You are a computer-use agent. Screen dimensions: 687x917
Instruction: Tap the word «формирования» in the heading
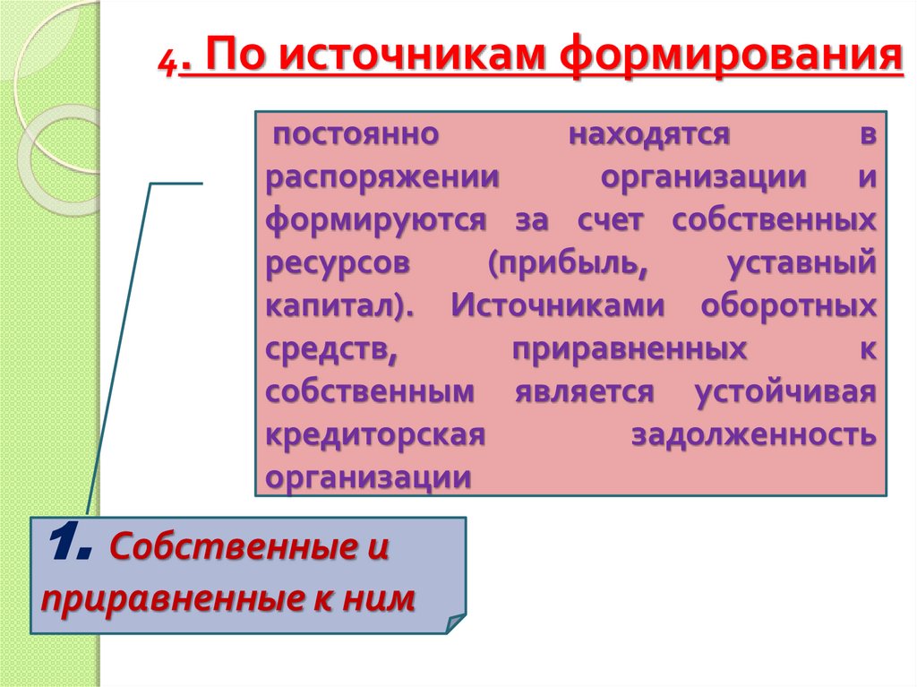click(731, 59)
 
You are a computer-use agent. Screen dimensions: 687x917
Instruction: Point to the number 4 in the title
click(168, 64)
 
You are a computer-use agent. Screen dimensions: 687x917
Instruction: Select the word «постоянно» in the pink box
click(356, 134)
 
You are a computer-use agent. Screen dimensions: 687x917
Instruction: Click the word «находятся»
click(647, 134)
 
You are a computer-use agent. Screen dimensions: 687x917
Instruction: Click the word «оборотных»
click(788, 306)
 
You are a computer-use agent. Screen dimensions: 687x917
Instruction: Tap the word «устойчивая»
click(784, 392)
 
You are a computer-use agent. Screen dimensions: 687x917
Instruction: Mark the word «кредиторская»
click(375, 435)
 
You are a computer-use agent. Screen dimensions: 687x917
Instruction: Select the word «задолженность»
click(753, 435)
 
